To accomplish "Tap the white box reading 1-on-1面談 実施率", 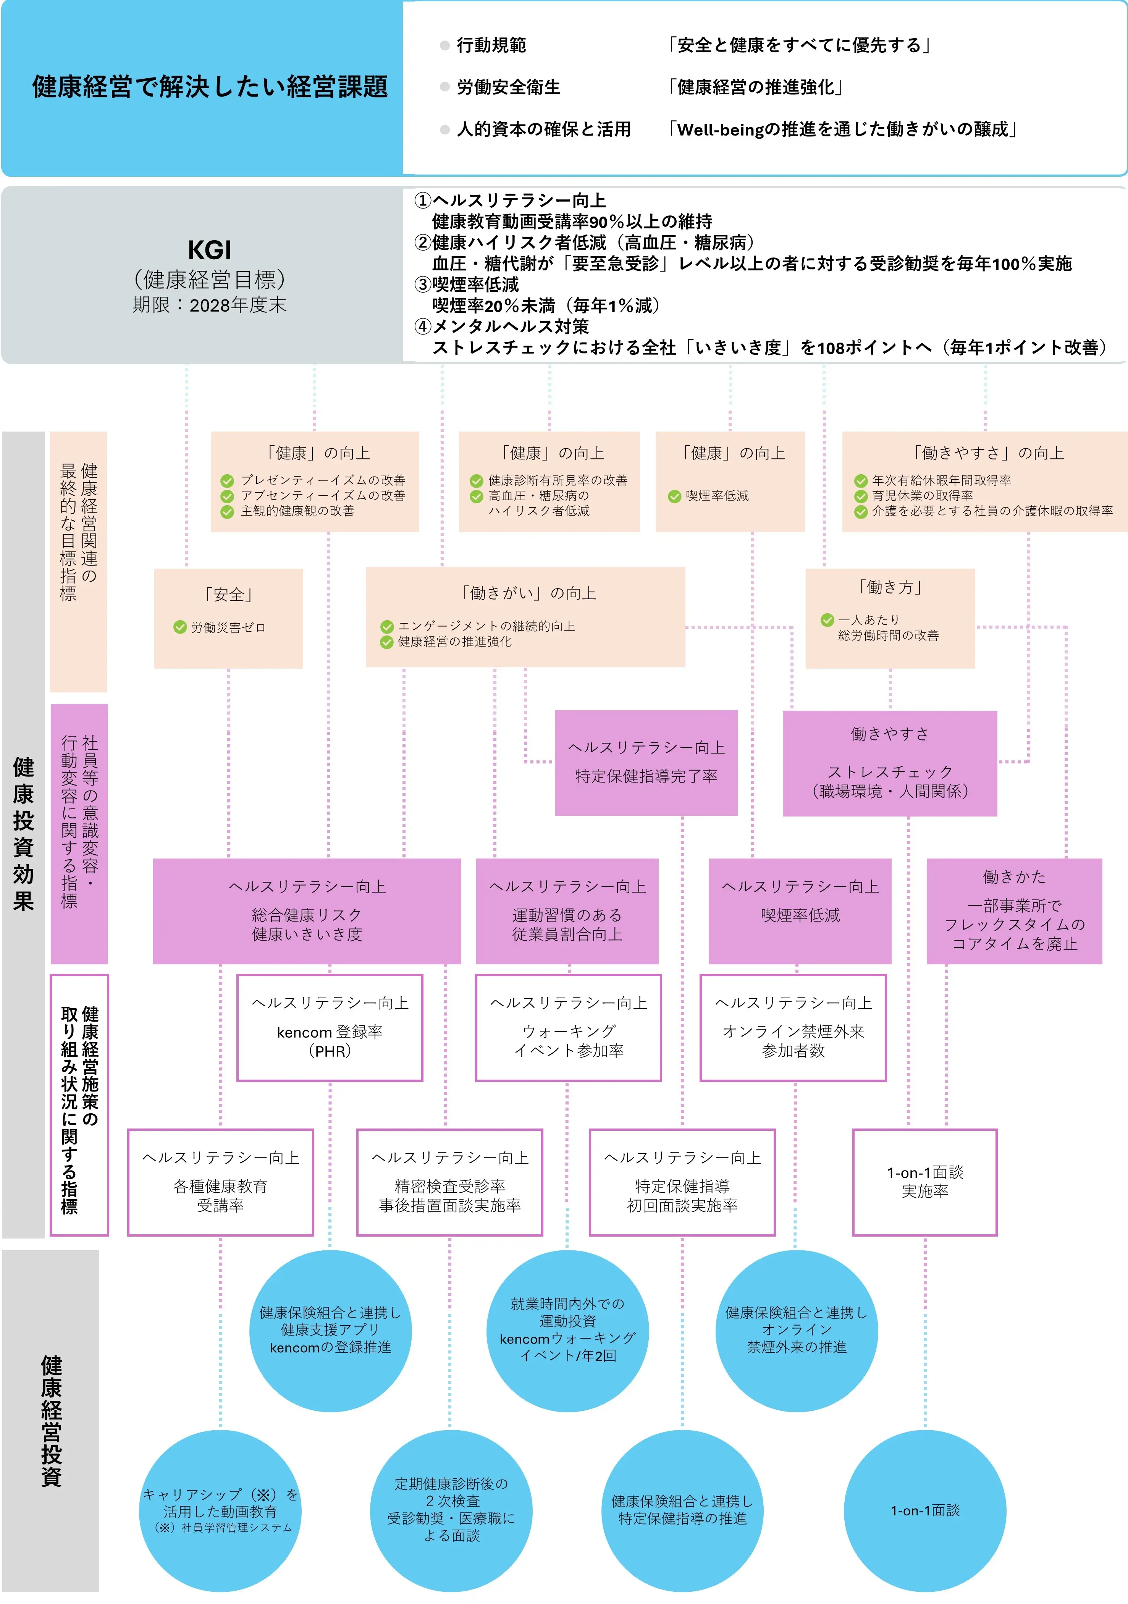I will click(x=925, y=1182).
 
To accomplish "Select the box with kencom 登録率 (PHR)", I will click(x=330, y=1028).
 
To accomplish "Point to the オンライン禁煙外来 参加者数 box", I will click(x=793, y=1028).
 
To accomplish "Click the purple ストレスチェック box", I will click(x=890, y=763).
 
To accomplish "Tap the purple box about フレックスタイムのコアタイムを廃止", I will click(x=1014, y=911).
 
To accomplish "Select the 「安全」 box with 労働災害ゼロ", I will click(x=228, y=618).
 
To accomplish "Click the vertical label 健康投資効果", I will click(x=24, y=833).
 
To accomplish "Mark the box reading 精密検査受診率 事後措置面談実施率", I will click(x=450, y=1182).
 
